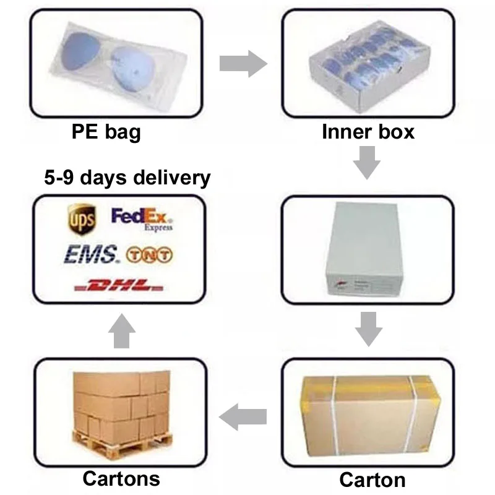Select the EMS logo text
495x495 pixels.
[90, 254]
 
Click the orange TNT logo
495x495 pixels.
[150, 254]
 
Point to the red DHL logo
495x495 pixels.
[118, 286]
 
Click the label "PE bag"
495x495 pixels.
[106, 132]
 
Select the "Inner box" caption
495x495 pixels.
[368, 131]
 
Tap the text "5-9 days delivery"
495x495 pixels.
[127, 178]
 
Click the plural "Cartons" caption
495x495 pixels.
[121, 478]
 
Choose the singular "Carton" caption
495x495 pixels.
[372, 480]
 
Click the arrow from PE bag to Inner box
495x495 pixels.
[243, 64]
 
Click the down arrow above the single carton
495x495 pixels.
[368, 329]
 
